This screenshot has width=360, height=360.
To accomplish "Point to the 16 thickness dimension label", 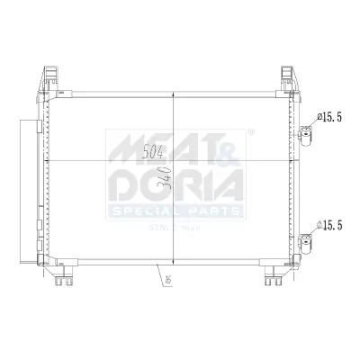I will [x=168, y=280].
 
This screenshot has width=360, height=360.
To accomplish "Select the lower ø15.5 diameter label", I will [x=330, y=225].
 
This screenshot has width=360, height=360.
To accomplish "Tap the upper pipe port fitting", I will [x=308, y=135].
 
